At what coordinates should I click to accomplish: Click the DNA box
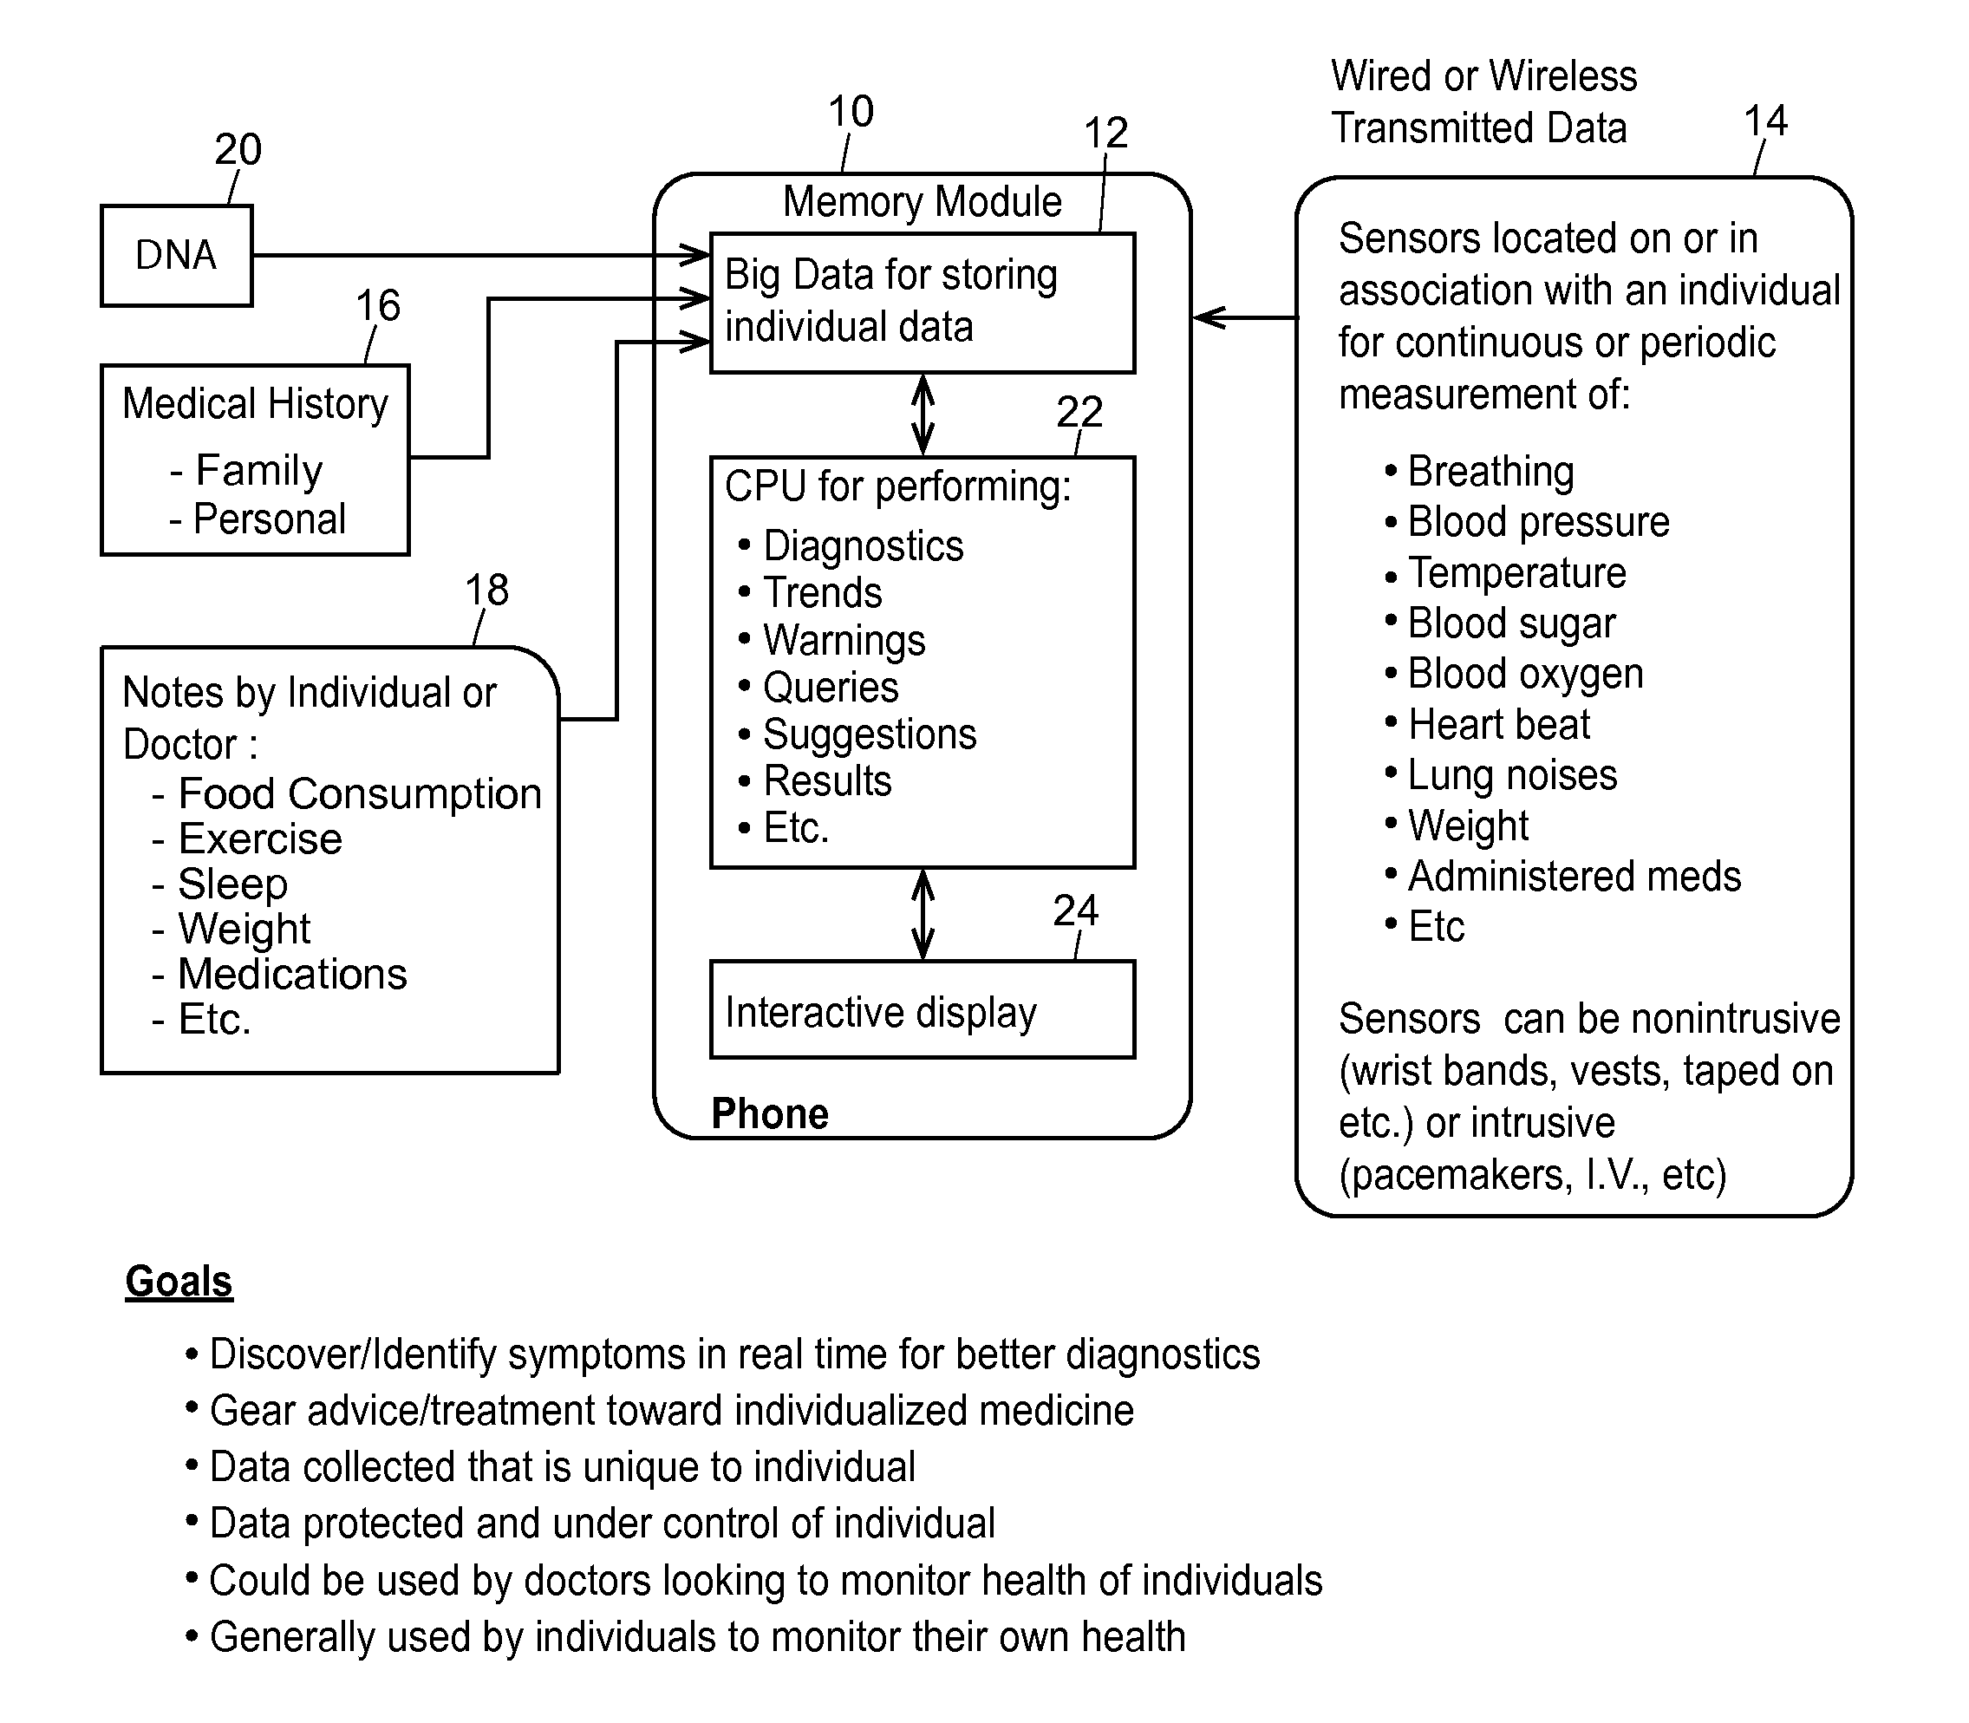tap(177, 256)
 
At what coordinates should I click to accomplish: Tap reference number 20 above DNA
tap(238, 149)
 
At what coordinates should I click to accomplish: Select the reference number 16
tap(378, 306)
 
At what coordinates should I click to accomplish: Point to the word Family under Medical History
tap(259, 470)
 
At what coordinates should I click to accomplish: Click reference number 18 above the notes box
tap(486, 590)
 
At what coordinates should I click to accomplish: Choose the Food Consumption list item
tap(360, 794)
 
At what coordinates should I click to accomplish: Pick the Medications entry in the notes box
tap(292, 974)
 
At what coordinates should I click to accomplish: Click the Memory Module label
tap(922, 202)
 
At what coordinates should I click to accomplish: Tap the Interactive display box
tap(922, 1009)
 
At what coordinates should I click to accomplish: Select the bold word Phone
tap(770, 1113)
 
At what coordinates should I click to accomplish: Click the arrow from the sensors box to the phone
tap(1245, 317)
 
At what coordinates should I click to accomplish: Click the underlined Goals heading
tap(179, 1282)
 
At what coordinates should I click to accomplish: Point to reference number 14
tap(1765, 121)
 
